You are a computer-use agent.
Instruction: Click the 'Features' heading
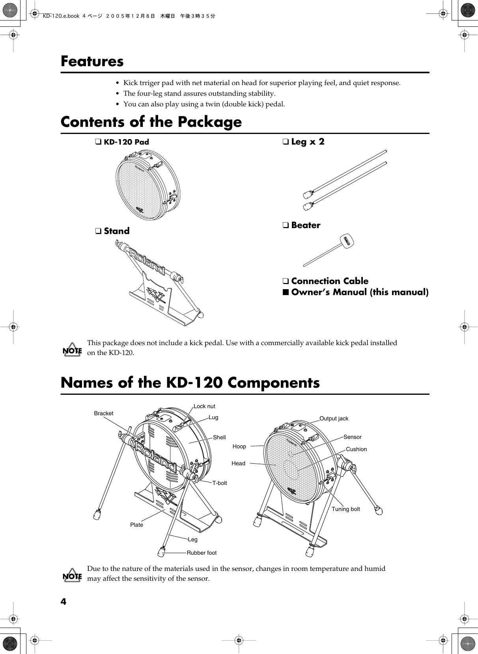(92, 61)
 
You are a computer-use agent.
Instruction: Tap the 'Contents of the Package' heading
(151, 122)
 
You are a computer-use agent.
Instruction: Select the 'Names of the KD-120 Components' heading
(190, 383)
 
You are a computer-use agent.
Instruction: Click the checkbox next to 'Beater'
(285, 225)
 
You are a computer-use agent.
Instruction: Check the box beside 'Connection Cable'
(285, 281)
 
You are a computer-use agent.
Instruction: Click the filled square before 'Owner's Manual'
(285, 292)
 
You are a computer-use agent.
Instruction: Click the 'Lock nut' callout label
(204, 406)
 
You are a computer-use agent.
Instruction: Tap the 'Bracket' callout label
(103, 413)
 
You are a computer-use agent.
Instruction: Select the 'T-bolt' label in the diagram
(220, 483)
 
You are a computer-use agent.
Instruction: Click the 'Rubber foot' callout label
(202, 553)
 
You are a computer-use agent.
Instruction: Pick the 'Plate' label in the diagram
(137, 525)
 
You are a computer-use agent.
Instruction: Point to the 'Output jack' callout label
(334, 418)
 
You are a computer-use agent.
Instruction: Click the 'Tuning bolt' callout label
(345, 509)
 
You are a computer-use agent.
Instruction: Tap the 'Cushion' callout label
(356, 449)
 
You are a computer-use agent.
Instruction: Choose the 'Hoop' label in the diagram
(239, 446)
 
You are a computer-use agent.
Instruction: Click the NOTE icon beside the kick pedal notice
(72, 350)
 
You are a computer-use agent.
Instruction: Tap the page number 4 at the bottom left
(63, 602)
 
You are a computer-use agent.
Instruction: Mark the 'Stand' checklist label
(117, 231)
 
